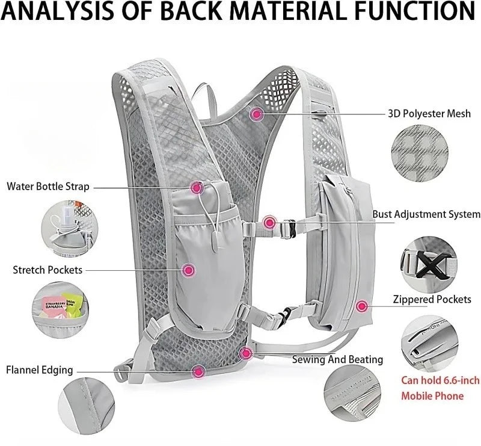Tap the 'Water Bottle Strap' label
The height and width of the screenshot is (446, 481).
point(48,186)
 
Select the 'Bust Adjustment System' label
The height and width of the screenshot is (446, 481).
point(426,214)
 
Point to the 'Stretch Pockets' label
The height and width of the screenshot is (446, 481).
point(47,270)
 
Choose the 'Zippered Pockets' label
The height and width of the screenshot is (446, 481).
point(432,299)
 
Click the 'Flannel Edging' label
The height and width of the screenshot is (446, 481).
point(40,370)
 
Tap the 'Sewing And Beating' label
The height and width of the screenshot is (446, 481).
point(337,359)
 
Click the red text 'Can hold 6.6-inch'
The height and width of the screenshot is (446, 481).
point(440,380)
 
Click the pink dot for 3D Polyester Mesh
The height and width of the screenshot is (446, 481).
point(257,113)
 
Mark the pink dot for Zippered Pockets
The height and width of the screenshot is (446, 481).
point(361,306)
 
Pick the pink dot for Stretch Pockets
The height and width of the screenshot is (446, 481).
point(188,270)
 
